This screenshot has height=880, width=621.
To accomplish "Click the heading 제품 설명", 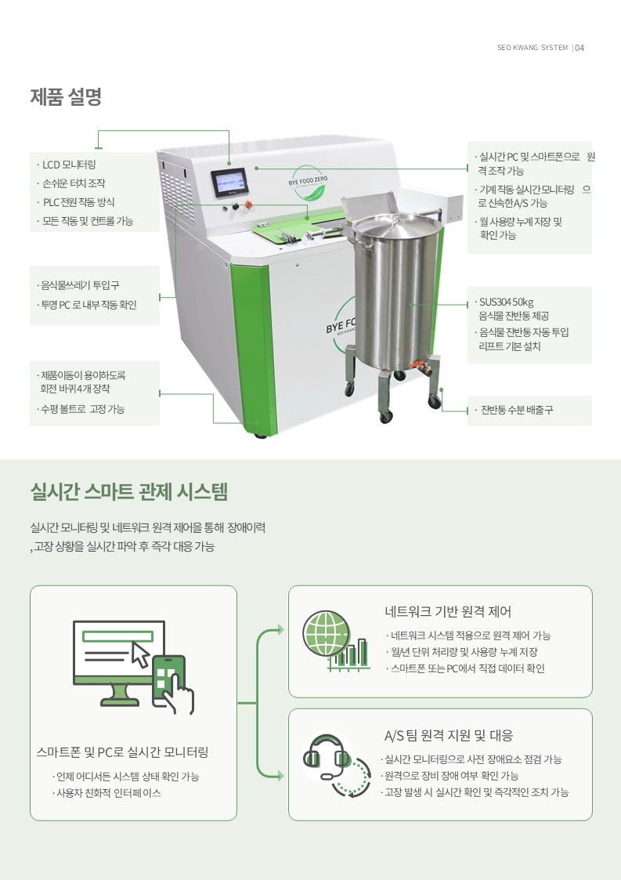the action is (66, 96).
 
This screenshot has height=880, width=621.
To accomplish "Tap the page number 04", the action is (579, 48).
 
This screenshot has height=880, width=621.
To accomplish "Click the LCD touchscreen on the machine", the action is (229, 183).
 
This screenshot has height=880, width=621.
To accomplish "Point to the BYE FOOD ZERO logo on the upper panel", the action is (308, 183).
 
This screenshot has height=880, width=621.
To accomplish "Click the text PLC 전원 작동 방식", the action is (78, 202).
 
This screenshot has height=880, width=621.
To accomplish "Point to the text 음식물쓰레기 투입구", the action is (78, 285).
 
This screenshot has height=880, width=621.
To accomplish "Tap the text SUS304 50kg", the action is (505, 302).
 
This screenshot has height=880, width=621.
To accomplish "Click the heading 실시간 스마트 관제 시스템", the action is (129, 492).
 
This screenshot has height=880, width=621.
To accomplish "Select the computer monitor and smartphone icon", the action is (133, 668).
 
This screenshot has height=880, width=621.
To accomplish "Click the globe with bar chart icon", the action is (335, 640).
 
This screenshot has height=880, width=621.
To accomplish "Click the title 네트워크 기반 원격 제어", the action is (448, 611).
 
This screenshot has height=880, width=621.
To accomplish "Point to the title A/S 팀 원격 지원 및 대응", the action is (448, 735).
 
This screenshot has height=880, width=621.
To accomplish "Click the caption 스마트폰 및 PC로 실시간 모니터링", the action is (122, 752).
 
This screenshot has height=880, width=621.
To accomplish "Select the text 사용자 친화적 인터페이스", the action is (107, 793).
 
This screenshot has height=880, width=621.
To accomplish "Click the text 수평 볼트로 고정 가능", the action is (81, 409).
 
